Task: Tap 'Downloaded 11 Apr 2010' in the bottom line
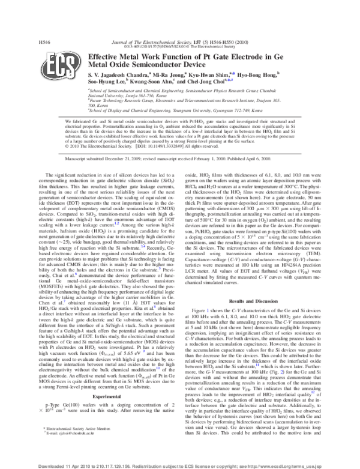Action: point(61,465)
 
